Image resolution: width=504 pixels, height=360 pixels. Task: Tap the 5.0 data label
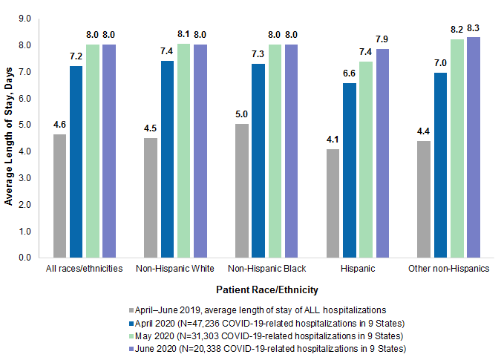click(242, 115)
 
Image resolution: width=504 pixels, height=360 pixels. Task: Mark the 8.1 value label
click(183, 33)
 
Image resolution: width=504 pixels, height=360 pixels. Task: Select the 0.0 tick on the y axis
click(24, 258)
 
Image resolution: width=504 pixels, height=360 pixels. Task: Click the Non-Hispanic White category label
click(175, 268)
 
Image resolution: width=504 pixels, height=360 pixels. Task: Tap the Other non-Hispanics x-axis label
click(448, 268)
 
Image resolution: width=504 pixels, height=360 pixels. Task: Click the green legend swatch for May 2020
click(131, 336)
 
